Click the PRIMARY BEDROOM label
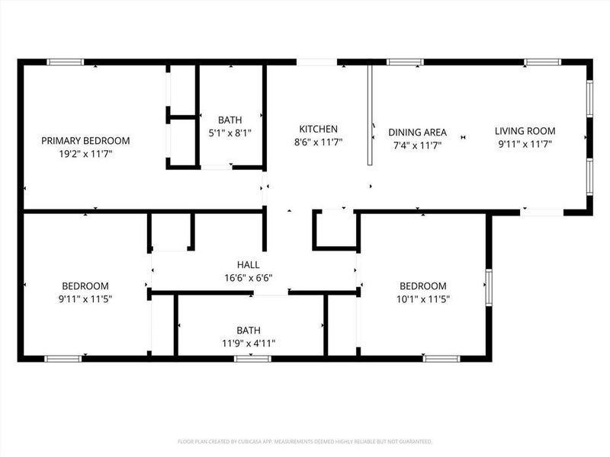[x=85, y=141]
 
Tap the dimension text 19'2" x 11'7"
[x=85, y=154]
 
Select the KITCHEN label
[x=318, y=129]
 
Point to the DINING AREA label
[x=417, y=133]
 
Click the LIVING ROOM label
[x=525, y=131]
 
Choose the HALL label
[x=249, y=265]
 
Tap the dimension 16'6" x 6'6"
[x=249, y=278]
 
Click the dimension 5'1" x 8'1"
[x=230, y=133]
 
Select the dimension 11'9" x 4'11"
[x=248, y=344]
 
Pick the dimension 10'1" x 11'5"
[x=423, y=299]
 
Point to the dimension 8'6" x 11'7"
[x=318, y=142]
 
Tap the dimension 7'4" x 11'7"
[x=417, y=145]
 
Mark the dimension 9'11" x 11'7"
[x=525, y=143]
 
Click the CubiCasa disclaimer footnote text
[x=305, y=441]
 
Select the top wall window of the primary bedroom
[x=65, y=62]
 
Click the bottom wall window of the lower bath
[x=247, y=358]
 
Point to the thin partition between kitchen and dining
[x=369, y=114]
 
